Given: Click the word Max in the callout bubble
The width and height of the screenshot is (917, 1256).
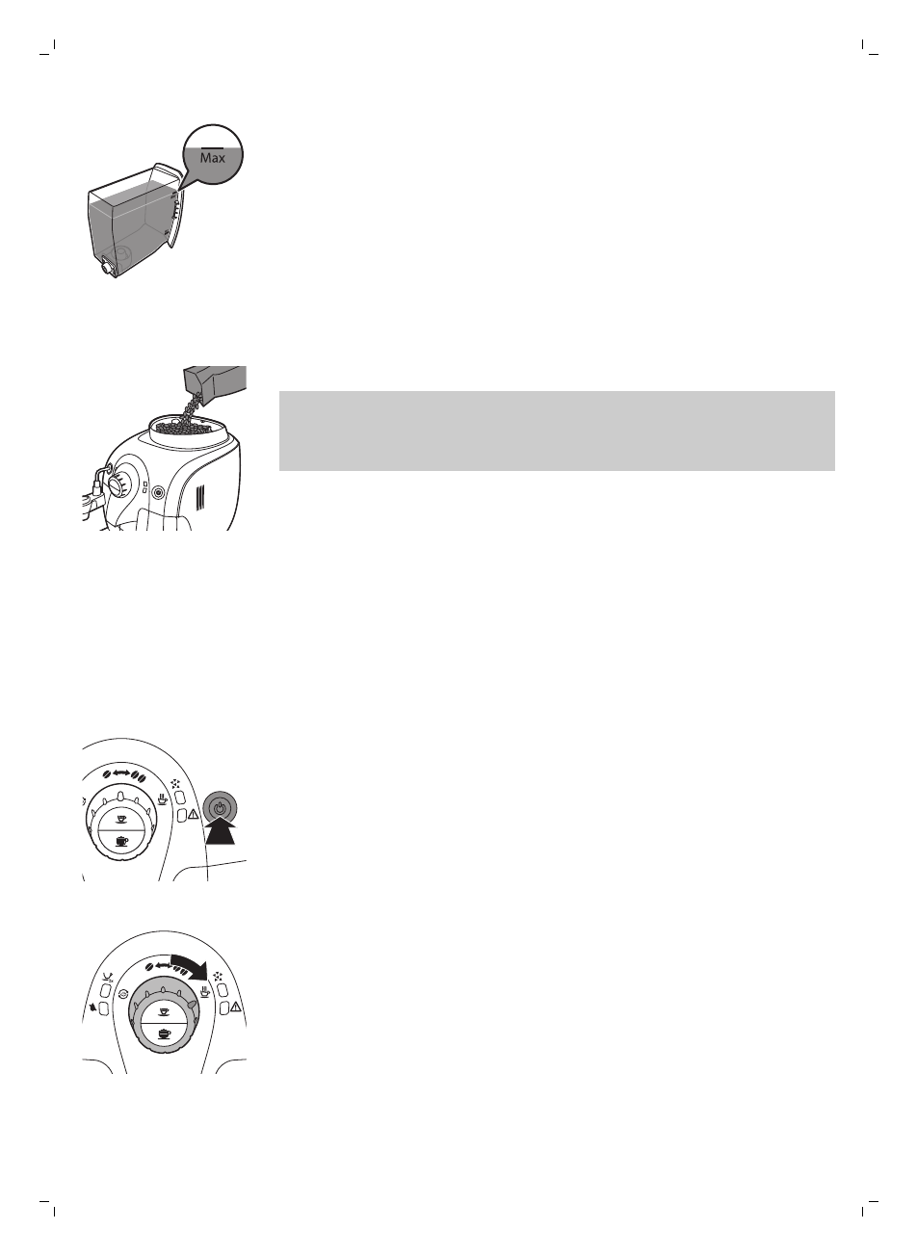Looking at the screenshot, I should point(213,157).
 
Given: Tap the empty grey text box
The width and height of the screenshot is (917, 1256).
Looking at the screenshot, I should point(556,431).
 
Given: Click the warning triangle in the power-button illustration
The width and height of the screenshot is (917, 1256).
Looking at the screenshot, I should point(195,816).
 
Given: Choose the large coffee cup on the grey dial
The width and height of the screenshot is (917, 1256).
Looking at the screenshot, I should point(164,1034).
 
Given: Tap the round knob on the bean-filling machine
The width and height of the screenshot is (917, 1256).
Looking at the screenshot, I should point(114,483).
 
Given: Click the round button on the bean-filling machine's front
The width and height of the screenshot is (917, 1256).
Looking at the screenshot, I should point(157,488).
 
